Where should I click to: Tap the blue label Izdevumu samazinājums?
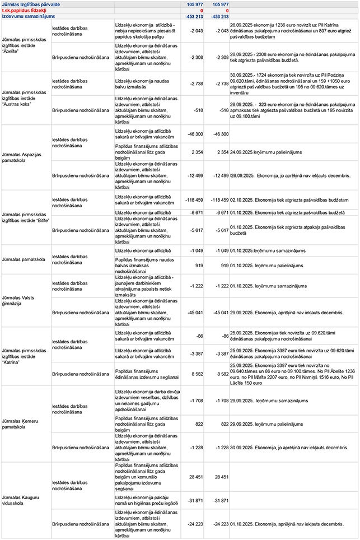[25, 17]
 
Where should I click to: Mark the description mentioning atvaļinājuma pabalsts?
[146, 286]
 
